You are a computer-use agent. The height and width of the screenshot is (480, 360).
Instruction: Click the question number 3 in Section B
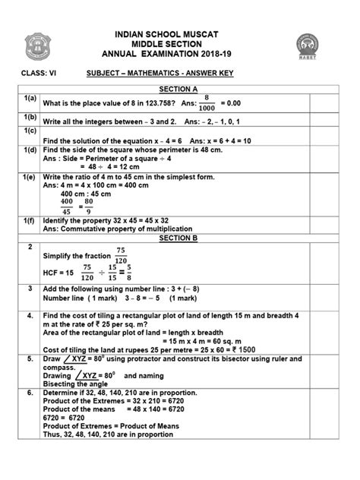coord(29,289)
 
